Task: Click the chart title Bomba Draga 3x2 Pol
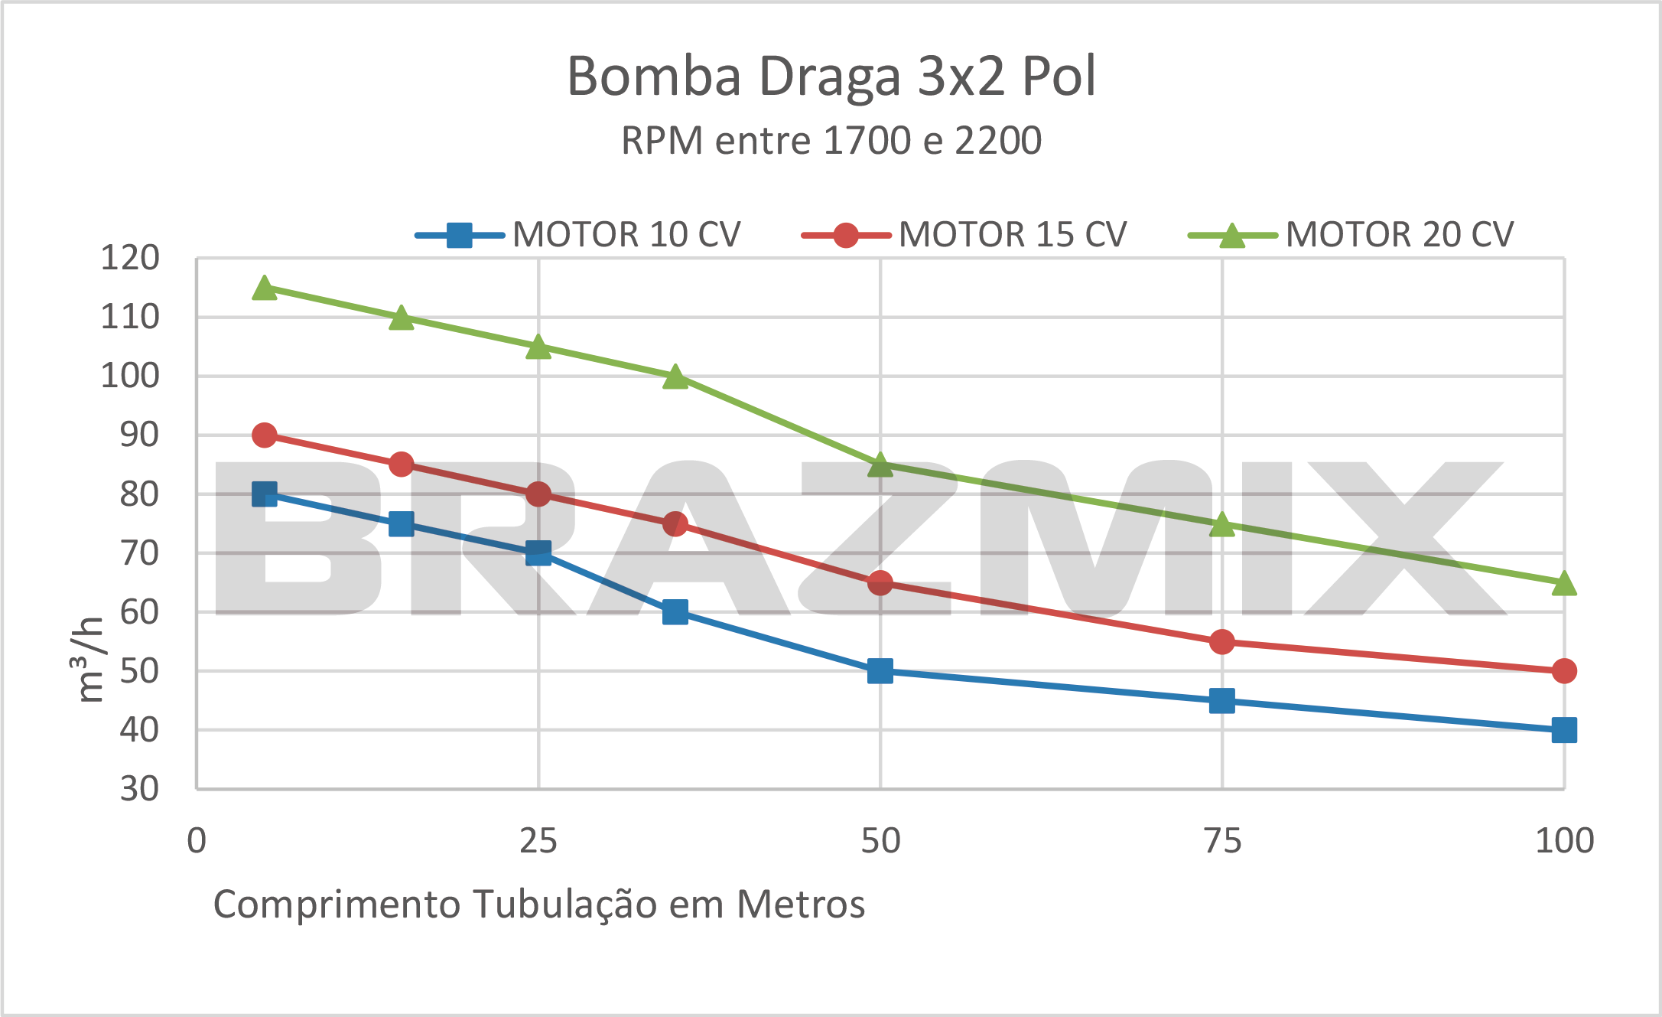click(831, 77)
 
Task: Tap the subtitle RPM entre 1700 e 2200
click(831, 141)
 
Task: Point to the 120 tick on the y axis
click(130, 259)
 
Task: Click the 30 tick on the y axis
click(139, 788)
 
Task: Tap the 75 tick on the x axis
click(1222, 841)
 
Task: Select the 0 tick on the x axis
click(197, 841)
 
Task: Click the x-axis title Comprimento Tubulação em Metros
click(538, 905)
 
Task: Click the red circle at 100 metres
click(1564, 671)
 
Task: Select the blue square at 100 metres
click(1564, 730)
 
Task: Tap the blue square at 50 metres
click(880, 671)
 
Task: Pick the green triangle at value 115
click(265, 288)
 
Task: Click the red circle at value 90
click(265, 435)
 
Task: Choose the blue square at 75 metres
click(1222, 700)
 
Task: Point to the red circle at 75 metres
click(1222, 642)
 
